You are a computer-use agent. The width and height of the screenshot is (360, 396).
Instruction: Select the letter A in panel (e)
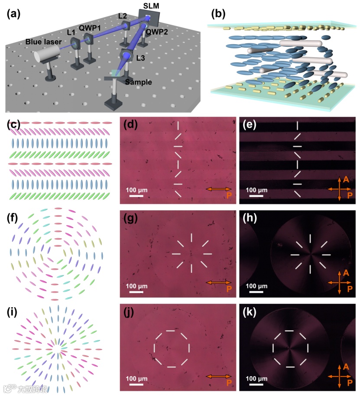click(345, 178)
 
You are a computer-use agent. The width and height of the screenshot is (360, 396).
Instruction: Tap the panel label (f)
click(13, 219)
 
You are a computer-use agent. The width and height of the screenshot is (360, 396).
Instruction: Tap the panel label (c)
click(13, 125)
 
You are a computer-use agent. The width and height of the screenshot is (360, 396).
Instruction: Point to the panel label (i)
click(13, 312)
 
